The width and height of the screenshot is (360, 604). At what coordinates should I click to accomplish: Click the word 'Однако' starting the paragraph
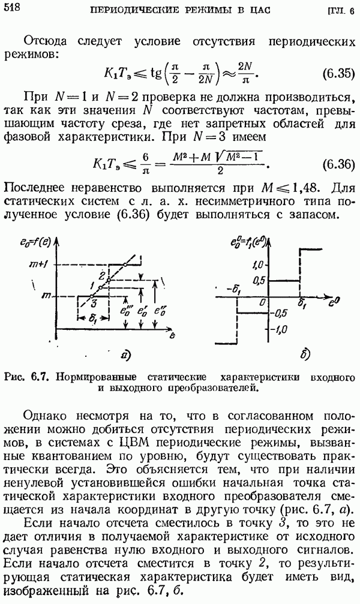(x=46, y=416)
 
